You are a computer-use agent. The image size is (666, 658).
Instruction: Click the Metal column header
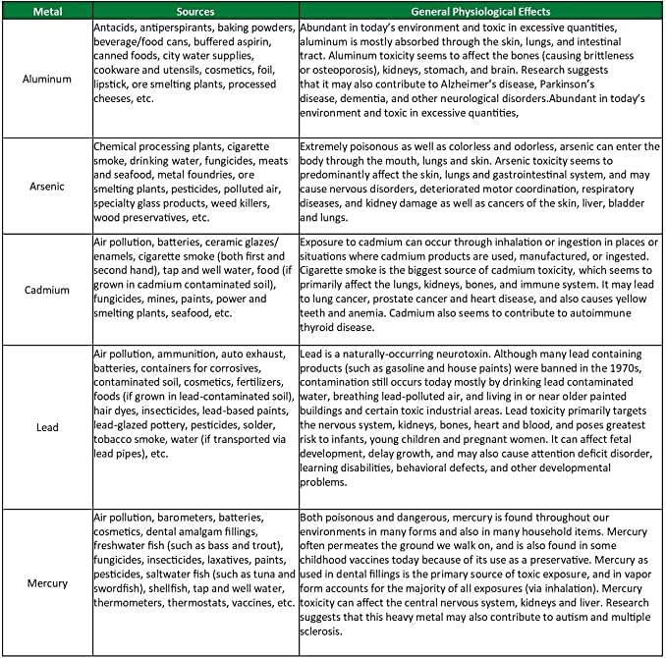46,10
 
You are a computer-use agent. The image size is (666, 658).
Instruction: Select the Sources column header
195,10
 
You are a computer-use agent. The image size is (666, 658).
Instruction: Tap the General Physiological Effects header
480,10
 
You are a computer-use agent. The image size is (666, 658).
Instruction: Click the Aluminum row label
46,78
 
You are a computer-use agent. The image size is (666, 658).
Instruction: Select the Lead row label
46,427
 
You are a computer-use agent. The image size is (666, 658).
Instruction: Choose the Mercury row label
46,582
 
